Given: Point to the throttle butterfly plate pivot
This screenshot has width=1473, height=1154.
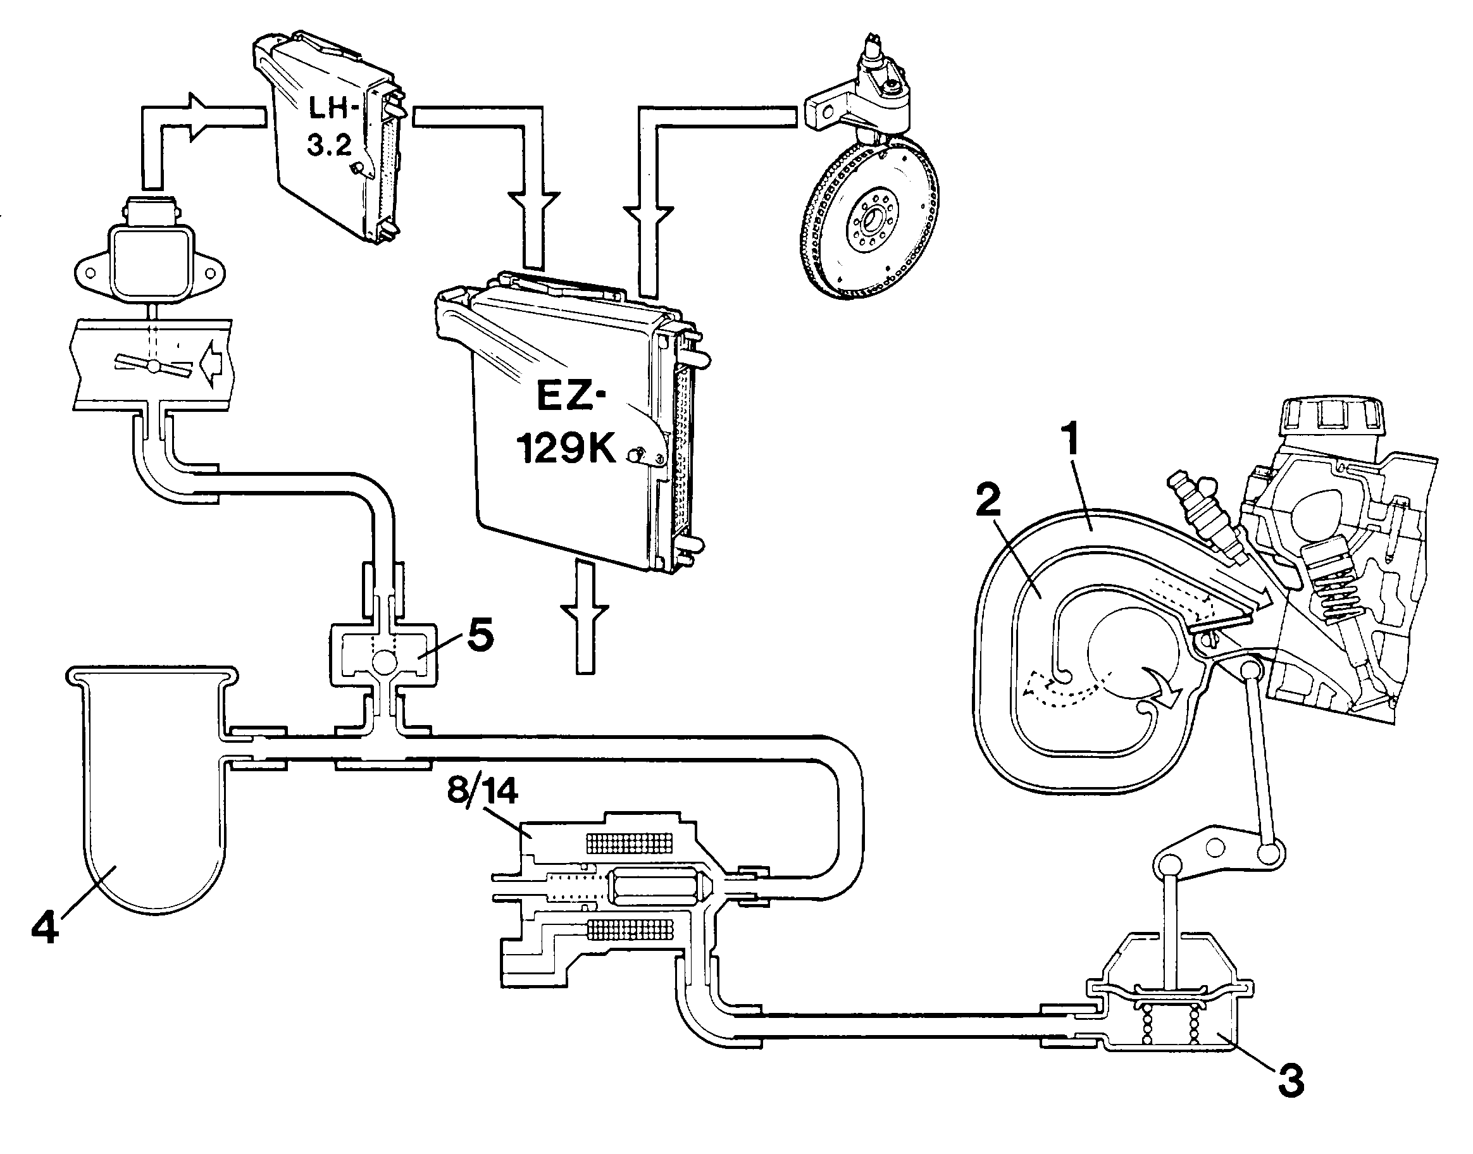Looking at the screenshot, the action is click(x=154, y=366).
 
